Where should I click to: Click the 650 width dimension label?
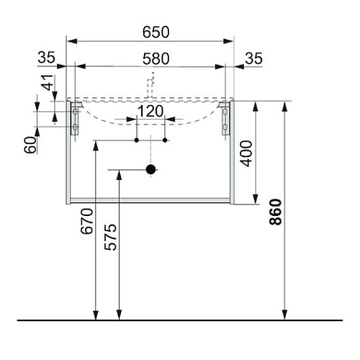tap(156, 32)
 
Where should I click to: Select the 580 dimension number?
tap(156, 59)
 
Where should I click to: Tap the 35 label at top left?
tap(46, 58)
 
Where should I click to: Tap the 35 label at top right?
tap(253, 58)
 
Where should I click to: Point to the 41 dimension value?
tap(48, 82)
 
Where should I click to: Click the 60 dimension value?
tap(30, 145)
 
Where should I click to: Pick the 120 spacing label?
tap(150, 111)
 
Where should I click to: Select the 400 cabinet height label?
tap(246, 153)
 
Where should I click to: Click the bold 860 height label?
tap(275, 212)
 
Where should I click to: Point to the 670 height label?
tap(86, 221)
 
